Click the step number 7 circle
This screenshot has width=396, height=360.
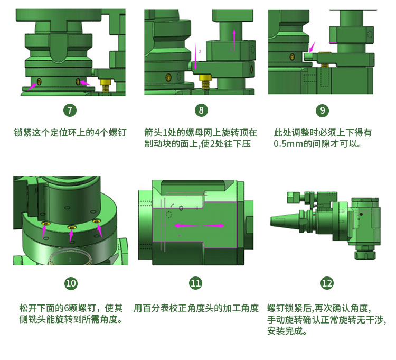(70, 110)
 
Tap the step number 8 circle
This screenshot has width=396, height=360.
(201, 110)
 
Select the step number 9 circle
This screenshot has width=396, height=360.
(323, 110)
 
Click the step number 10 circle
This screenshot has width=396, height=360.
(71, 283)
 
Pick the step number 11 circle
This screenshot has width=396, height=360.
(195, 283)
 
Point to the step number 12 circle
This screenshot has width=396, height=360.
(327, 283)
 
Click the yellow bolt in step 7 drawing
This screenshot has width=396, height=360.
(105, 85)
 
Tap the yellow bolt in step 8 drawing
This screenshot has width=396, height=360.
(205, 81)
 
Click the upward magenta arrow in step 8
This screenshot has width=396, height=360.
(234, 41)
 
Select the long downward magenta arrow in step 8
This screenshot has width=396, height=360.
(195, 57)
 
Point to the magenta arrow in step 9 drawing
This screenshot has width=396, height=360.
(312, 47)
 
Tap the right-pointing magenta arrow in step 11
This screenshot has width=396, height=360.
(213, 226)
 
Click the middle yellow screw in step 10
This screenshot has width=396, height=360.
(72, 227)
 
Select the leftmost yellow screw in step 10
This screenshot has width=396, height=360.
(46, 224)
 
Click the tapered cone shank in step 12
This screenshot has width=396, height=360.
(285, 220)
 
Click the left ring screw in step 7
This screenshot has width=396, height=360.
(39, 81)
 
